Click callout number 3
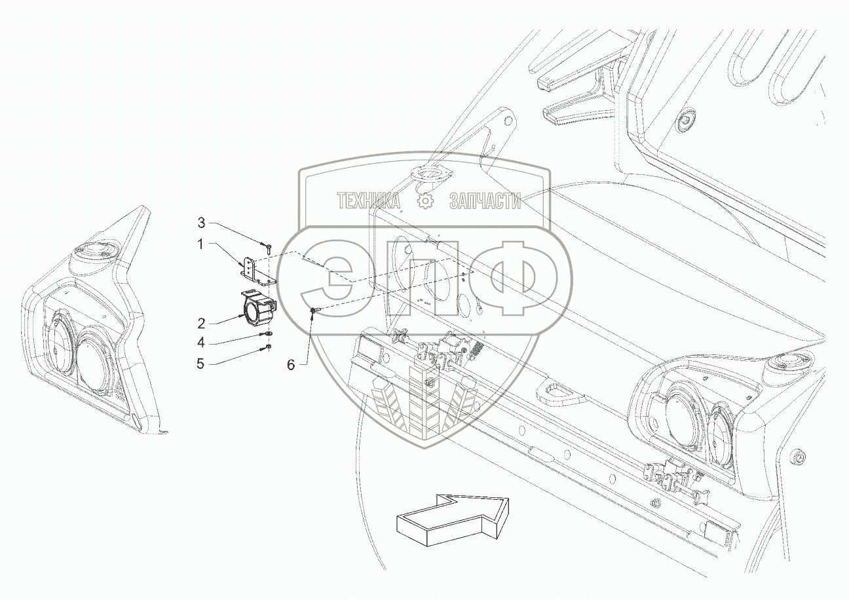pyautogui.click(x=202, y=222)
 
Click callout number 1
pyautogui.click(x=202, y=244)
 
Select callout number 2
pyautogui.click(x=202, y=323)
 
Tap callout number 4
pyautogui.click(x=202, y=342)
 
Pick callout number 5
pyautogui.click(x=200, y=362)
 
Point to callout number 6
pyautogui.click(x=291, y=365)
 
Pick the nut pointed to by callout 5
pyautogui.click(x=268, y=347)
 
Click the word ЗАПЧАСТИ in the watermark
pyautogui.click(x=485, y=202)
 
